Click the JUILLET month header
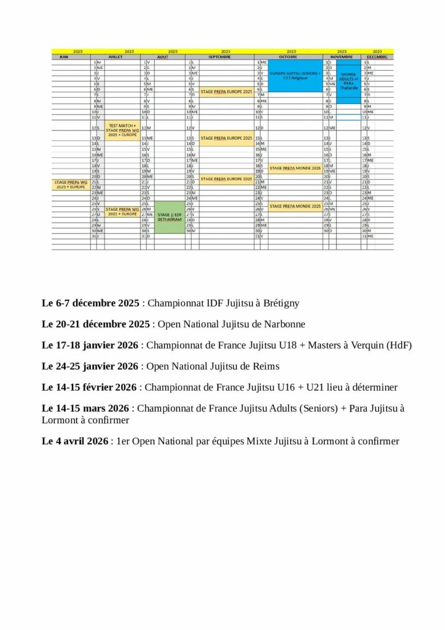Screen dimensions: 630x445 pos(116,56)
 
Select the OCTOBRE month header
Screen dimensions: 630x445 pos(288,56)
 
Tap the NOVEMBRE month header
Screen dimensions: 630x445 pos(342,56)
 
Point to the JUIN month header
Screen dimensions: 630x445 pos(63,56)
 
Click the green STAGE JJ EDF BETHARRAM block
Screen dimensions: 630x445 pos(169,217)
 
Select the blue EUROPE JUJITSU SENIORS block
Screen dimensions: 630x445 pos(296,75)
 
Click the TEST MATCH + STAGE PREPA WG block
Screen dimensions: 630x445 pos(122,129)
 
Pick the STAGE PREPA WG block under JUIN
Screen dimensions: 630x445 pos(71,183)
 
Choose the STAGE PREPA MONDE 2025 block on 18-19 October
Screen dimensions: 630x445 pos(294,167)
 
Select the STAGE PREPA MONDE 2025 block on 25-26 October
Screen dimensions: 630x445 pos(294,206)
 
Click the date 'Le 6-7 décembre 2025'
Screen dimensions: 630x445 pos(92,303)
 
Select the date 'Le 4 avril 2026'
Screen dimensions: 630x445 pos(75,441)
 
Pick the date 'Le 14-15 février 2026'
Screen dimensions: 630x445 pos(89,388)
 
